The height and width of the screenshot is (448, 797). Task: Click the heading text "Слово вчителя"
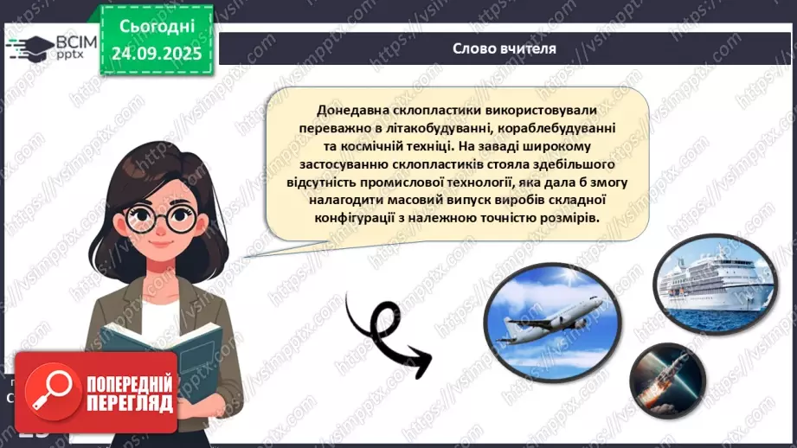pyautogui.click(x=504, y=48)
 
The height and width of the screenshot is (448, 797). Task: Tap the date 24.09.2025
pyautogui.click(x=156, y=54)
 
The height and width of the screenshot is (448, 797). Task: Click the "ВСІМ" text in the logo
pyautogui.click(x=77, y=42)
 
